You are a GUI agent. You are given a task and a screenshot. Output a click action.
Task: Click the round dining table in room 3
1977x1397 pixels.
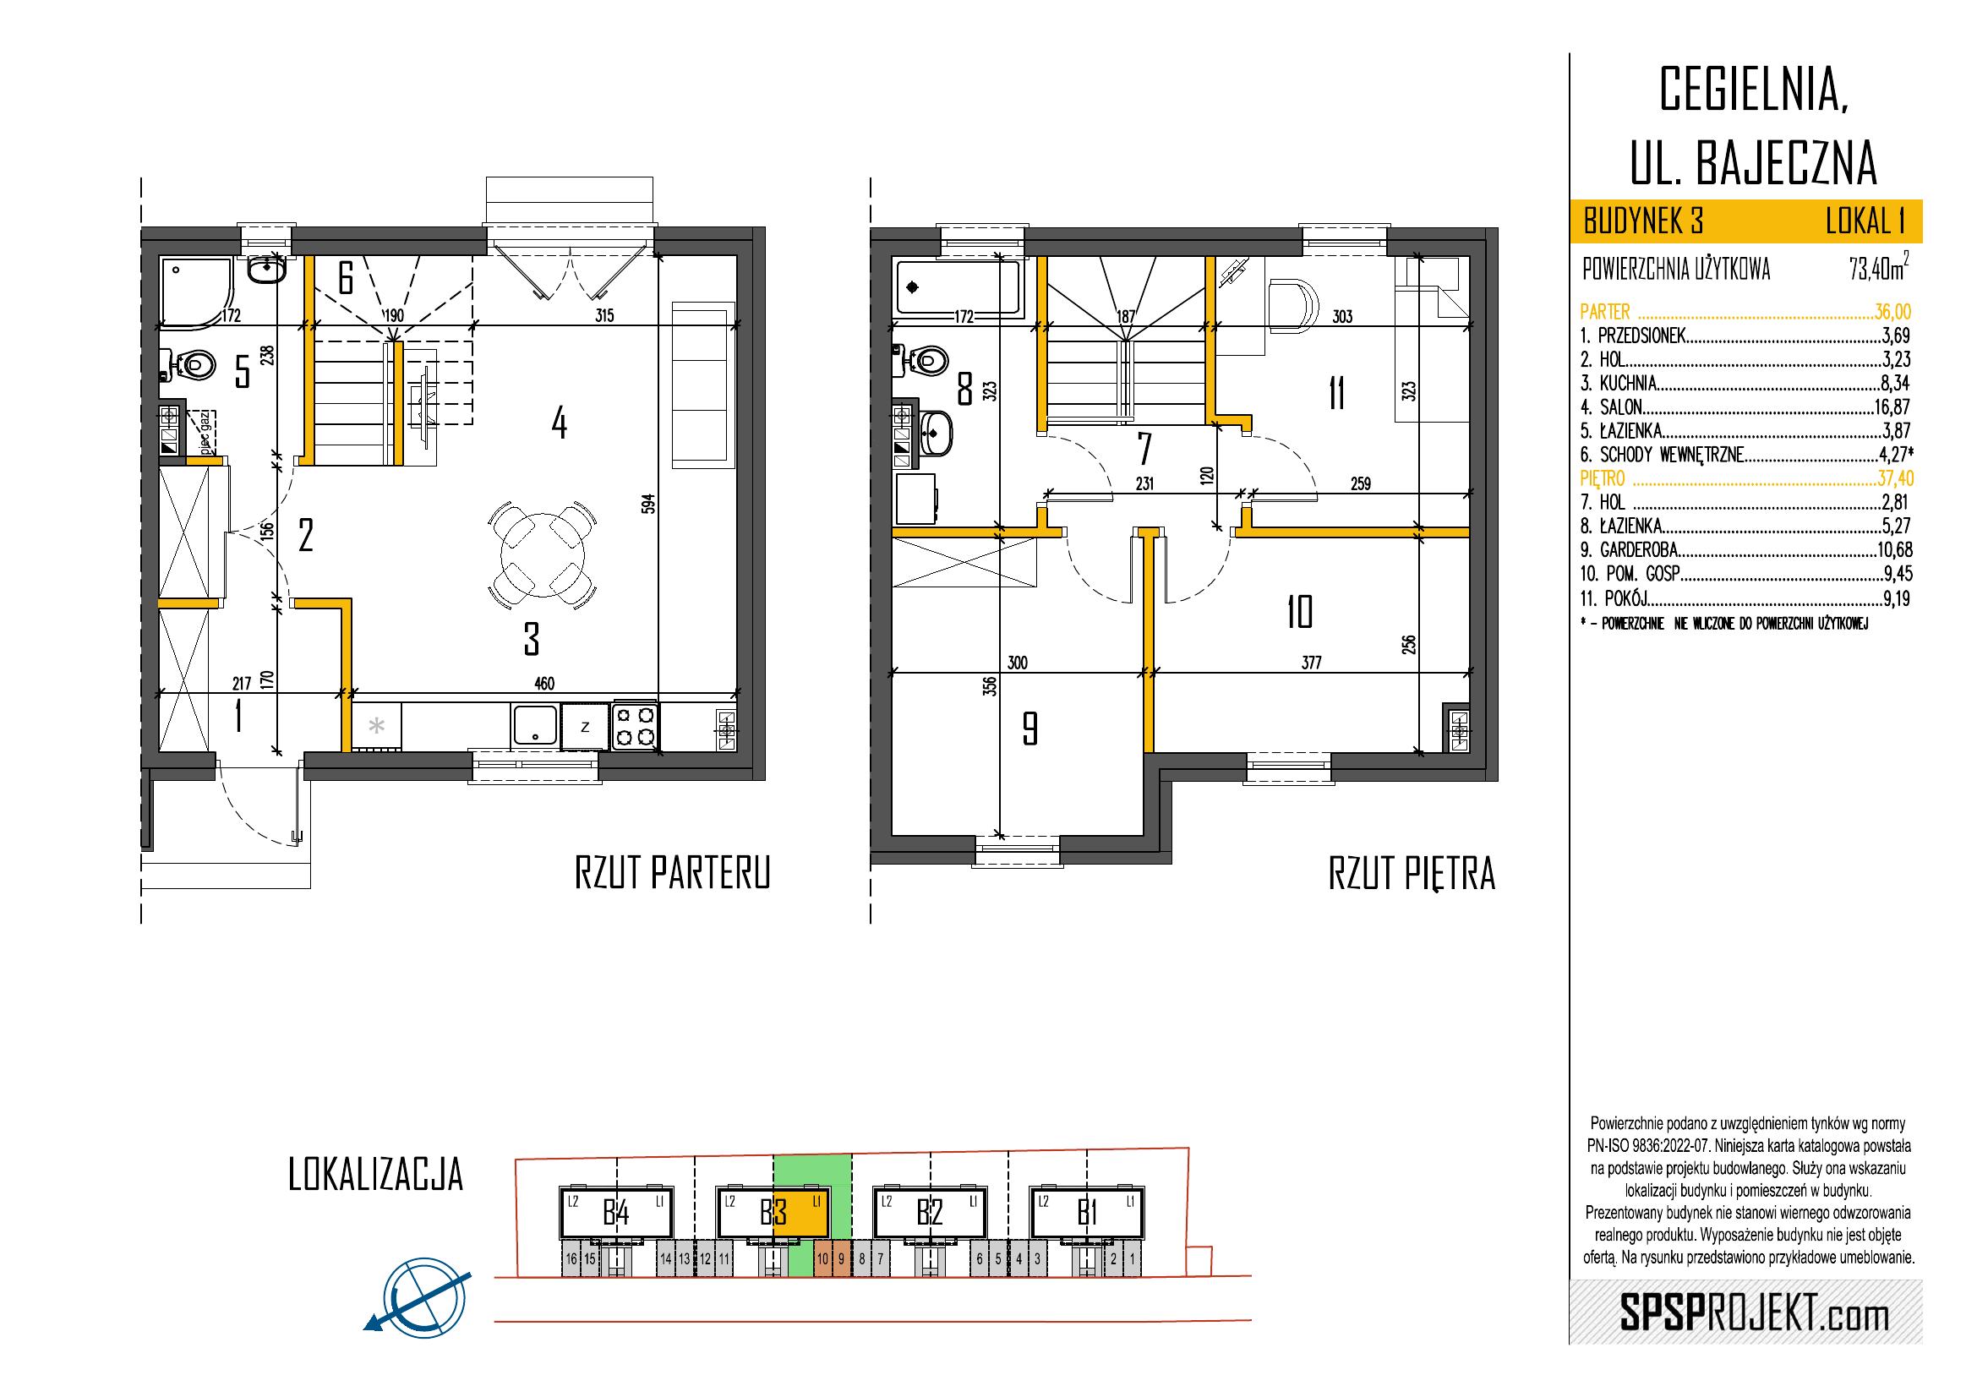(x=542, y=555)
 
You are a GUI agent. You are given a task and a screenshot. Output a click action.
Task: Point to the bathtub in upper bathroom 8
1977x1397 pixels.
(x=957, y=287)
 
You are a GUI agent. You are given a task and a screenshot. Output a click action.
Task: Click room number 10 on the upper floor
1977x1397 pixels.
(x=1299, y=614)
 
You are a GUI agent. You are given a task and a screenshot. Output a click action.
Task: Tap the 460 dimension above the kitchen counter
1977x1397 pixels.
(x=543, y=684)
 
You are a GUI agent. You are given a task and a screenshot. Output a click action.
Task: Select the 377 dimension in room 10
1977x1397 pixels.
(x=1312, y=662)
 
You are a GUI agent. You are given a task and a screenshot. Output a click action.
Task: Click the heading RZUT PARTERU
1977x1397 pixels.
(x=672, y=874)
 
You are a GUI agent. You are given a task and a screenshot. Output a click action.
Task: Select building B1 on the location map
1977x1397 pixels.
(x=1088, y=1214)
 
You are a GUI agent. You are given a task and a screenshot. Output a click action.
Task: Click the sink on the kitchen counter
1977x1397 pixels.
(x=535, y=724)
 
